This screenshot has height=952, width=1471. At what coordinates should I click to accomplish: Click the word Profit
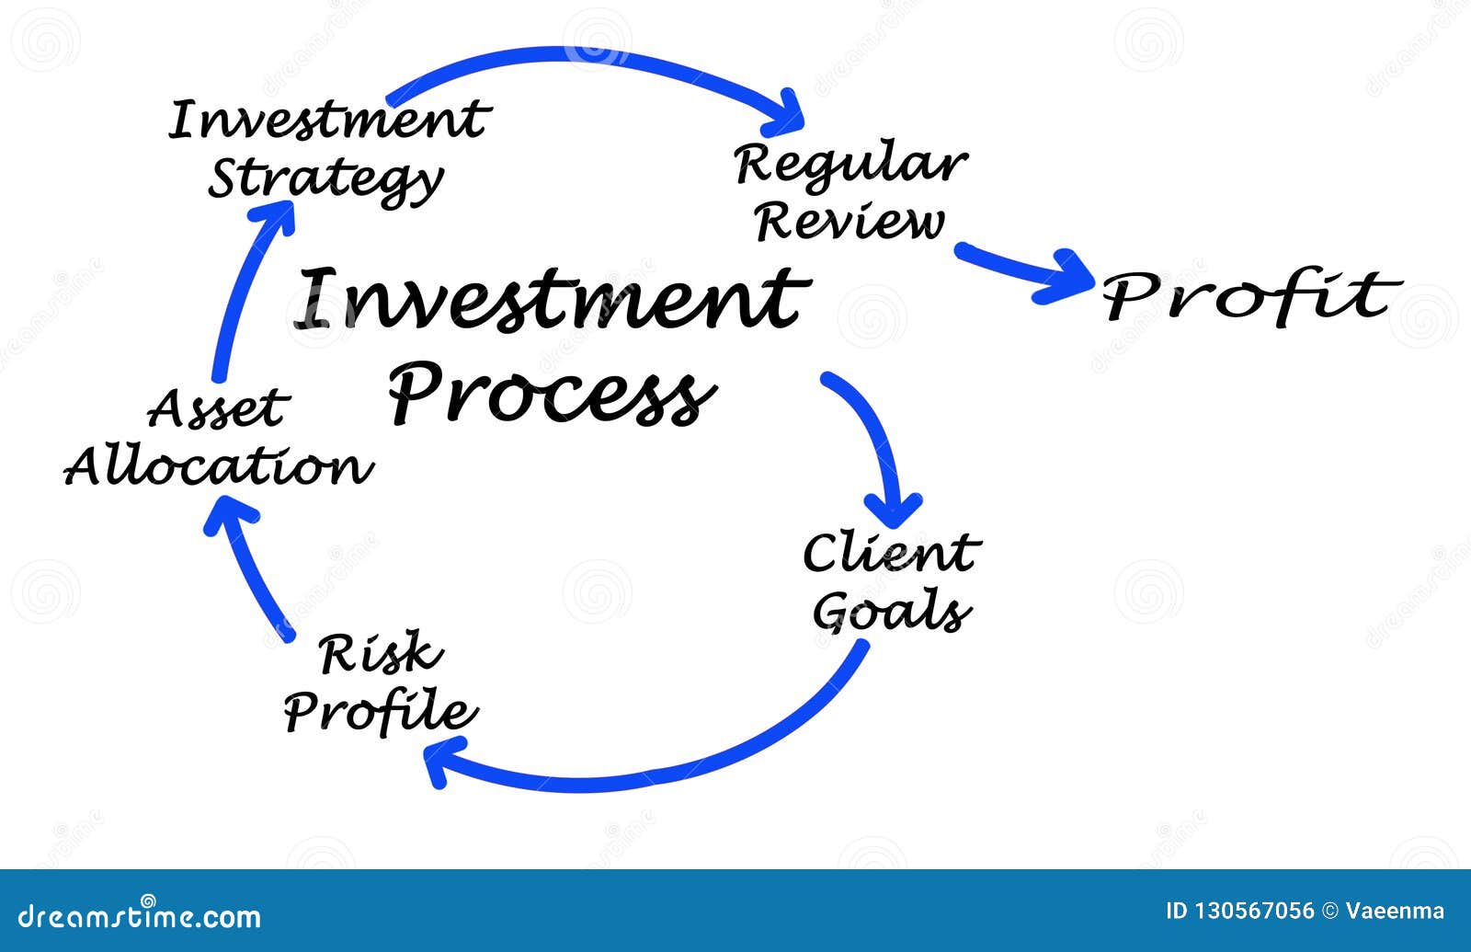(1250, 296)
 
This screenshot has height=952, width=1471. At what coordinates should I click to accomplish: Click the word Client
(890, 554)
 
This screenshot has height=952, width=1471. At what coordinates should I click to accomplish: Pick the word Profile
(380, 711)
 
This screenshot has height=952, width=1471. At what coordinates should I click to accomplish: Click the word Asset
(218, 410)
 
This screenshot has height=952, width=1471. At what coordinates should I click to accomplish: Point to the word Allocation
(218, 466)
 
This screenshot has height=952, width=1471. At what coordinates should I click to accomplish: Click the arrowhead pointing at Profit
(1066, 276)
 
